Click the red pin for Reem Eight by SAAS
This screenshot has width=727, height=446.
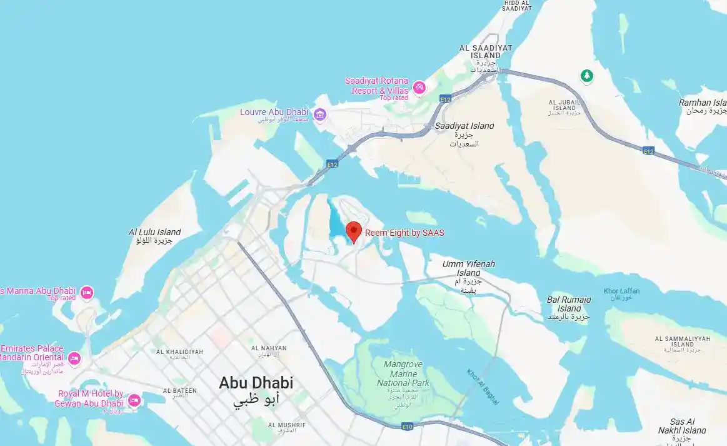[x=354, y=231]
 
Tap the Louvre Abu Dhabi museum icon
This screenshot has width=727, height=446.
[x=320, y=114]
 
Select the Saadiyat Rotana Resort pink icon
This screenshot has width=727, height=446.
[x=419, y=87]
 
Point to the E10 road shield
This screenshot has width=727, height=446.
[x=408, y=427]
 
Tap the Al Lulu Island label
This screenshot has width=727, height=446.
[x=154, y=236]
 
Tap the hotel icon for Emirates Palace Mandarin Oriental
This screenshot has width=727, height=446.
[x=74, y=358]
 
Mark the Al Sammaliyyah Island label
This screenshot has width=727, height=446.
[x=683, y=342]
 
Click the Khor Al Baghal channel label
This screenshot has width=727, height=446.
[x=483, y=387]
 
